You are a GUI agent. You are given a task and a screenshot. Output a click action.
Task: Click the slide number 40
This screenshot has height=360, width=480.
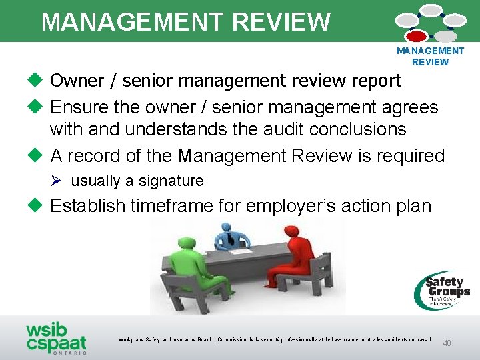tap(447, 343)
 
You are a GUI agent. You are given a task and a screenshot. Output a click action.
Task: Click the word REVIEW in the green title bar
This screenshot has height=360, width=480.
tap(280, 22)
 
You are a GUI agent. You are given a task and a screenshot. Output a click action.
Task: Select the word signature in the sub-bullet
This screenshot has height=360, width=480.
tap(171, 181)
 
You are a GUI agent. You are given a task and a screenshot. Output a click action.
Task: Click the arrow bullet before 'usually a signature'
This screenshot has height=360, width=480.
tap(58, 181)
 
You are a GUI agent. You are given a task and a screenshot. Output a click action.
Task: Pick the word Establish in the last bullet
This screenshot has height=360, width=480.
tap(87, 205)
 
